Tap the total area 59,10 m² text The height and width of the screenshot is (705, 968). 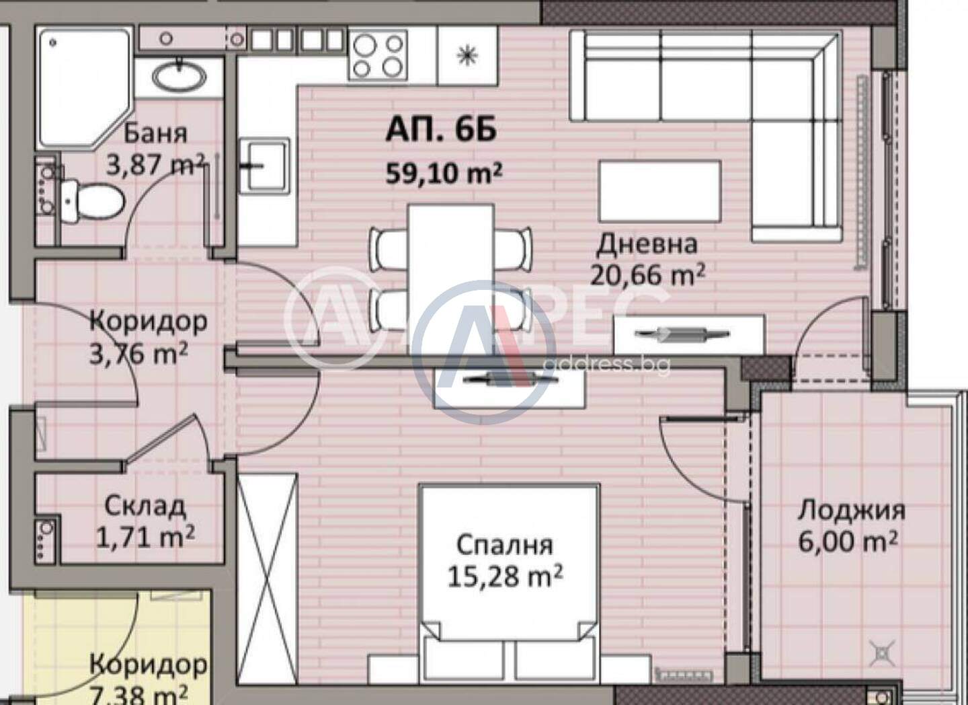[444, 173]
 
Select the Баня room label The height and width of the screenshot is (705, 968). [155, 134]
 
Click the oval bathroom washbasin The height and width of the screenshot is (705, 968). [179, 77]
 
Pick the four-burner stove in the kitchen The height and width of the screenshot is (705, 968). [378, 54]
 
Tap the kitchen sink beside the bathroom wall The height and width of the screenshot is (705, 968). [264, 165]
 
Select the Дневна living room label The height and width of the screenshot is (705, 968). [647, 244]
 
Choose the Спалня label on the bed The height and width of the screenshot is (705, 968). [505, 546]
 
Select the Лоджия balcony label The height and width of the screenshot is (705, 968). [851, 511]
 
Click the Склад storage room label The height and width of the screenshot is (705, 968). [145, 507]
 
